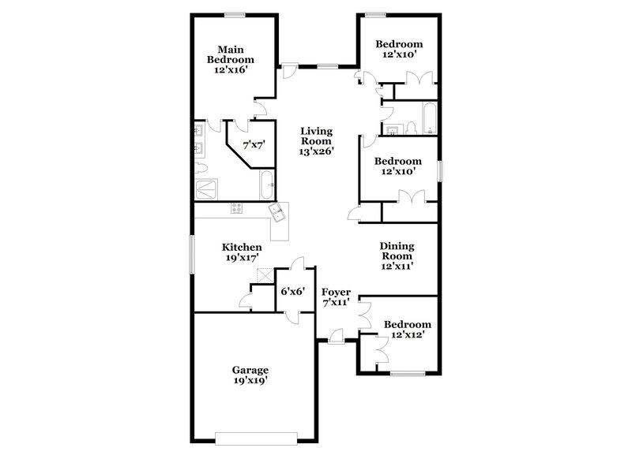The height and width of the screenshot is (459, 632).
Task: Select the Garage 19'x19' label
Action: (250, 375)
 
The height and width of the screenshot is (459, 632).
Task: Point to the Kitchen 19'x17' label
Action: (242, 252)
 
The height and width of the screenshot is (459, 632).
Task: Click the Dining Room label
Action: (397, 256)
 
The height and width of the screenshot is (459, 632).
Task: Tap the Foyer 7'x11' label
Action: (337, 297)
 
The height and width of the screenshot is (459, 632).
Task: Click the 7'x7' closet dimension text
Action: (253, 144)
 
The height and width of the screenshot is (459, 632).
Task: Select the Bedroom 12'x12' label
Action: (408, 330)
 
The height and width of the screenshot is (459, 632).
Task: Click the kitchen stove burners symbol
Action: (235, 208)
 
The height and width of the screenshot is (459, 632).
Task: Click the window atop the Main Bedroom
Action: (235, 13)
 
